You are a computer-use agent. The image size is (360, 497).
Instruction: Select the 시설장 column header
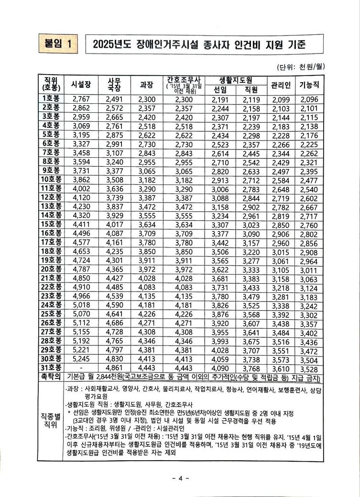(x=80, y=85)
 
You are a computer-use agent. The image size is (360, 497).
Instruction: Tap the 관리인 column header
(x=281, y=85)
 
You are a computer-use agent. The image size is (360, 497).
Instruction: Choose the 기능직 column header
(x=309, y=85)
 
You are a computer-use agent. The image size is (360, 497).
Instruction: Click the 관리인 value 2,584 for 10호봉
(x=281, y=180)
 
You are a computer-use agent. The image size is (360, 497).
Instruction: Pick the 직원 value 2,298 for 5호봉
(x=251, y=135)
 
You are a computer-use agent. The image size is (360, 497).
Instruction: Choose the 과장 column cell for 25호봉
(x=147, y=315)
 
